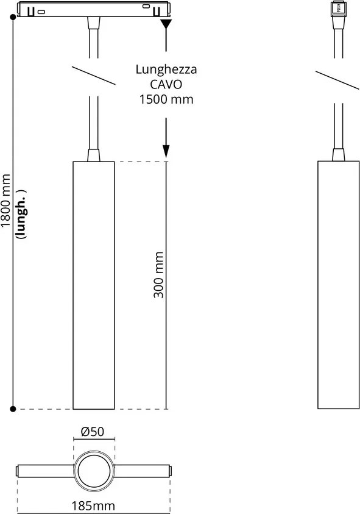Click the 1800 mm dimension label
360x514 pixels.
[x=5, y=201]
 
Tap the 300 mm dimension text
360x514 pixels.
[x=158, y=275]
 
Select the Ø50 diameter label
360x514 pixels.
[x=93, y=432]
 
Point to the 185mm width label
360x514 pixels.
[x=93, y=506]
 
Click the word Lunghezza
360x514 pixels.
[x=166, y=70]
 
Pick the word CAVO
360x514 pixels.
[x=166, y=84]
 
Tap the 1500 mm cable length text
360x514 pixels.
[x=166, y=99]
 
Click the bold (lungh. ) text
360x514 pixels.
[x=21, y=215]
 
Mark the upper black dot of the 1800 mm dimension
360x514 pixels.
[x=13, y=16]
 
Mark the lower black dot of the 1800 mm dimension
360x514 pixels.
[x=13, y=409]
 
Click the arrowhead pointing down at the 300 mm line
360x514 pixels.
[x=166, y=151]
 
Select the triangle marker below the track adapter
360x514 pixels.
[x=166, y=24]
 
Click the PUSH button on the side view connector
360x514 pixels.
[x=339, y=8]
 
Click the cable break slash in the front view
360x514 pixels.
[x=94, y=76]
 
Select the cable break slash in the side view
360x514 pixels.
[x=337, y=80]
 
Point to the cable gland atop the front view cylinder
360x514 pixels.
[x=94, y=155]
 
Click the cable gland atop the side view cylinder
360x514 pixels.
[x=339, y=155]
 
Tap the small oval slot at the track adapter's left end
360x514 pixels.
[x=41, y=12]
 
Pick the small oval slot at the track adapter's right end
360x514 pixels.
[x=146, y=6]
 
